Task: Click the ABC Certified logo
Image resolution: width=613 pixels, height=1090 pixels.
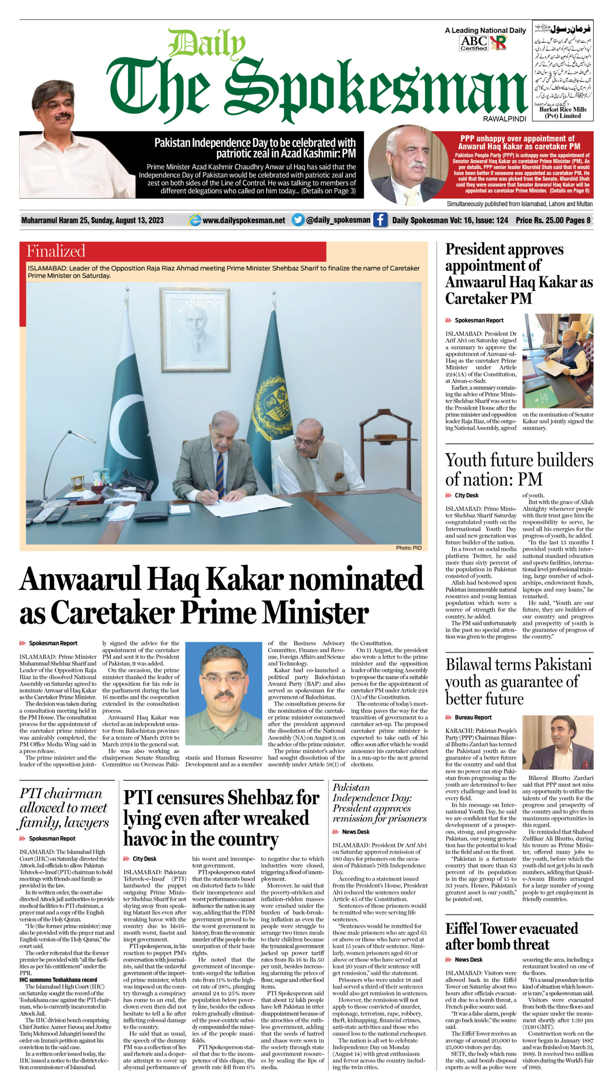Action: (473, 43)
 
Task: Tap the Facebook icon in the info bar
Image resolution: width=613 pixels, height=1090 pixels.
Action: (380, 220)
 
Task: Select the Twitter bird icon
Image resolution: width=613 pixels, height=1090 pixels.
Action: (298, 220)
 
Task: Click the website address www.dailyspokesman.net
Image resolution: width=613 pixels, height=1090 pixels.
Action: (243, 220)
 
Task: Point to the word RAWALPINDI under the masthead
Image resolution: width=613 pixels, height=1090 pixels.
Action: (504, 119)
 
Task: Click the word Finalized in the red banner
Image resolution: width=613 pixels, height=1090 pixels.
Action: (56, 251)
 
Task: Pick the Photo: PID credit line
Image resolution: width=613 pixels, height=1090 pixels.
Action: (408, 548)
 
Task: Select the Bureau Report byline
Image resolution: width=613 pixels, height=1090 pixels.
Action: (473, 717)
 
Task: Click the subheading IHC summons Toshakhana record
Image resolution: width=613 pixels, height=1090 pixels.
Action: (58, 980)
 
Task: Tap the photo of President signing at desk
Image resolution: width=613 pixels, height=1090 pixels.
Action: (558, 361)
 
